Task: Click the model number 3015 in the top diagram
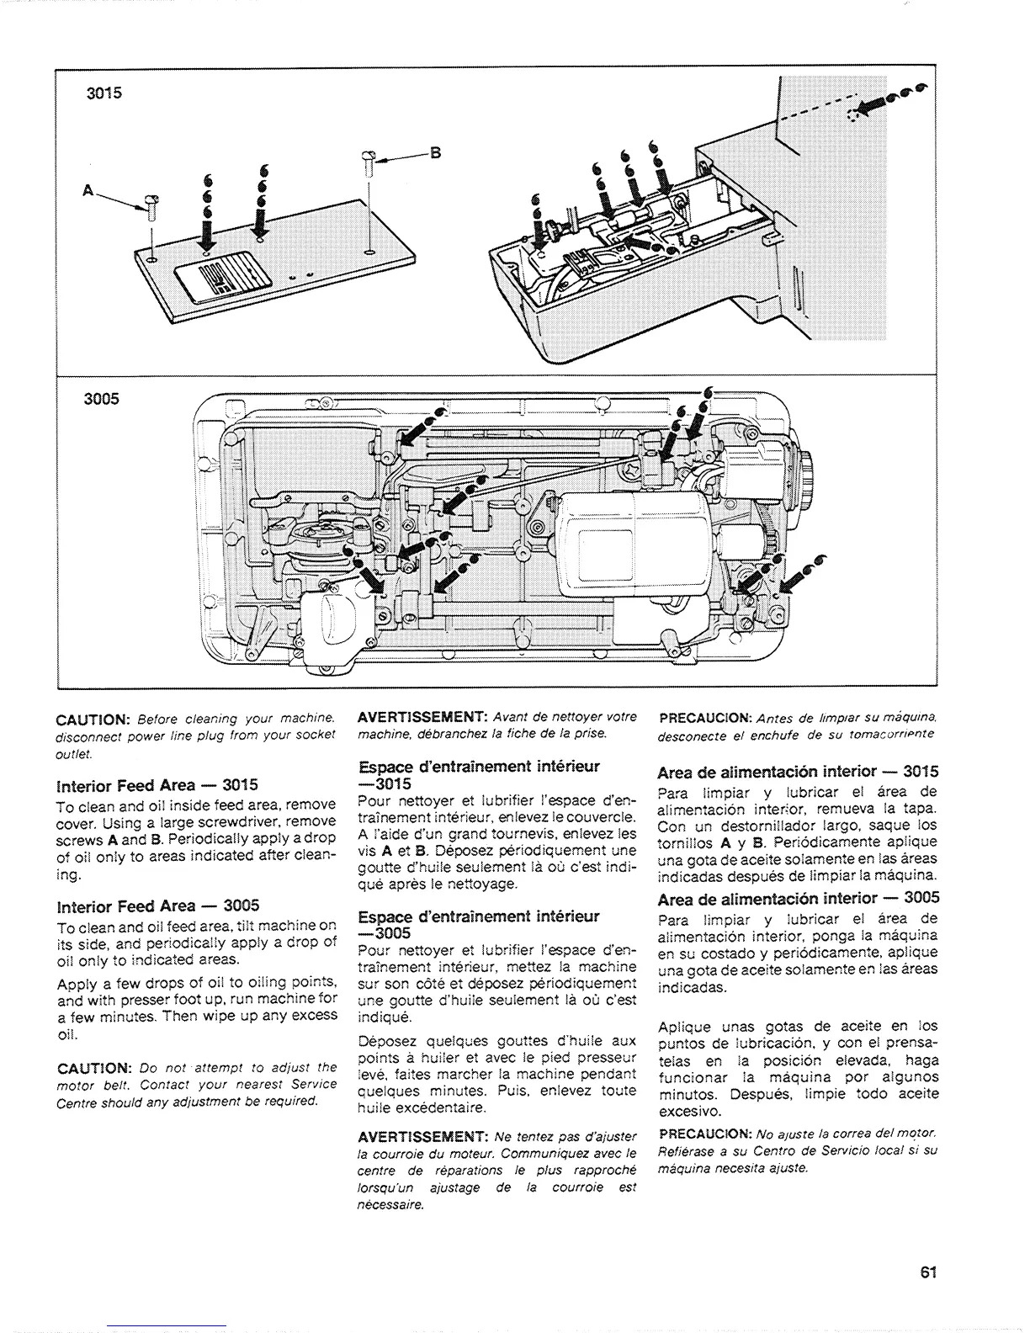tap(105, 93)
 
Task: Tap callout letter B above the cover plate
tap(435, 153)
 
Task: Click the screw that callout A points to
tap(151, 204)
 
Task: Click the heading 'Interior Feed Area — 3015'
tap(157, 786)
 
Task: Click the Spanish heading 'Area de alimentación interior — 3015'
tap(798, 772)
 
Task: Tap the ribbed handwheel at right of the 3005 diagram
tap(806, 485)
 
